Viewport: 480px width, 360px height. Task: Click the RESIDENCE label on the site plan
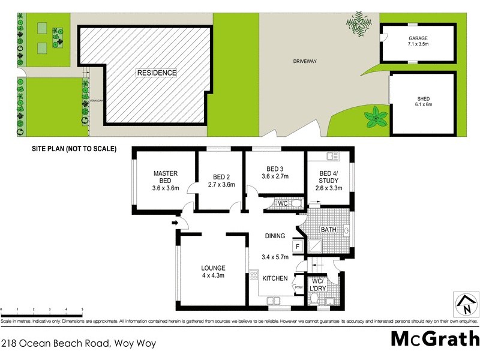pyautogui.click(x=157, y=73)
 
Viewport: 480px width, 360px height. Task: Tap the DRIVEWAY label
pyautogui.click(x=305, y=61)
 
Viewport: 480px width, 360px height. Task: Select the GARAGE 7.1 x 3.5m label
pyautogui.click(x=418, y=41)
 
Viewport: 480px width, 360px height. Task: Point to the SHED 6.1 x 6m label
pyautogui.click(x=424, y=101)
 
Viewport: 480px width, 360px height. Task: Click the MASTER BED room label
pyautogui.click(x=165, y=181)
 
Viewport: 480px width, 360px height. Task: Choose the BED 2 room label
pyautogui.click(x=221, y=181)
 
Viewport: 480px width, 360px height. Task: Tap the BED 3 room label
pyautogui.click(x=275, y=172)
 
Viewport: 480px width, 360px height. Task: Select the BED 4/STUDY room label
pyautogui.click(x=328, y=181)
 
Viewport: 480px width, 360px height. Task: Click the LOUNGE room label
pyautogui.click(x=213, y=272)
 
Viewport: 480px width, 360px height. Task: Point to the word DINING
pyautogui.click(x=275, y=236)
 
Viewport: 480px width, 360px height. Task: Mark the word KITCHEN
pyautogui.click(x=276, y=278)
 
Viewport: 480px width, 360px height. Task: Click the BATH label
pyautogui.click(x=328, y=230)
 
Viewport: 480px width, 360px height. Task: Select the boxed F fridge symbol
pyautogui.click(x=296, y=246)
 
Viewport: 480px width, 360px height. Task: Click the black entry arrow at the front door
pyautogui.click(x=175, y=223)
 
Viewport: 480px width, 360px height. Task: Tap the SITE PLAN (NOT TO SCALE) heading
pyautogui.click(x=74, y=148)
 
